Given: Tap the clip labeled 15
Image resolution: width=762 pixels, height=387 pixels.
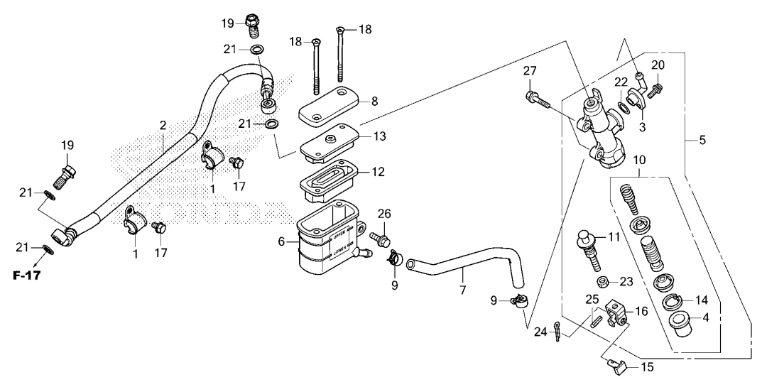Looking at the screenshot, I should (x=616, y=367).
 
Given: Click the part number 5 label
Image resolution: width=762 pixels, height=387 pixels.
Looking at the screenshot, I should (x=702, y=141).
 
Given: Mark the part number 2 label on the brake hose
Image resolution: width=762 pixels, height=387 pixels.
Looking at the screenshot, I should (x=163, y=126).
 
